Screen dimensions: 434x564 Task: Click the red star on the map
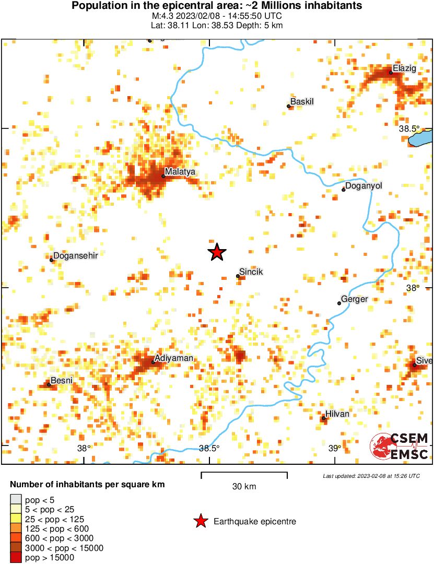[x=217, y=252]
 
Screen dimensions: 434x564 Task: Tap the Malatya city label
[x=180, y=171]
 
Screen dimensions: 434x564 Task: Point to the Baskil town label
[x=302, y=102]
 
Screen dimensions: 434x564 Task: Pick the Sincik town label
[x=251, y=273]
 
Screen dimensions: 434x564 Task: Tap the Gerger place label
[x=354, y=299]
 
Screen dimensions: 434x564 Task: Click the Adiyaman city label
[x=174, y=358]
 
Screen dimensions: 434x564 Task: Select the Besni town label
[x=62, y=381]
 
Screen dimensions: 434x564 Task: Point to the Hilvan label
[x=337, y=414]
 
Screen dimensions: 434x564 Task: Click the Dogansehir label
[x=76, y=255]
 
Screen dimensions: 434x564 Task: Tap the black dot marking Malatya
[x=163, y=176]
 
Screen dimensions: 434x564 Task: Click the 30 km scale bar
[x=244, y=475]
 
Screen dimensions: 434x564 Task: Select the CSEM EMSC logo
[x=400, y=446]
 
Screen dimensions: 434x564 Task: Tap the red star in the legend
[x=200, y=521]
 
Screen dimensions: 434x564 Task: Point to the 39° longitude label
[x=335, y=448]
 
